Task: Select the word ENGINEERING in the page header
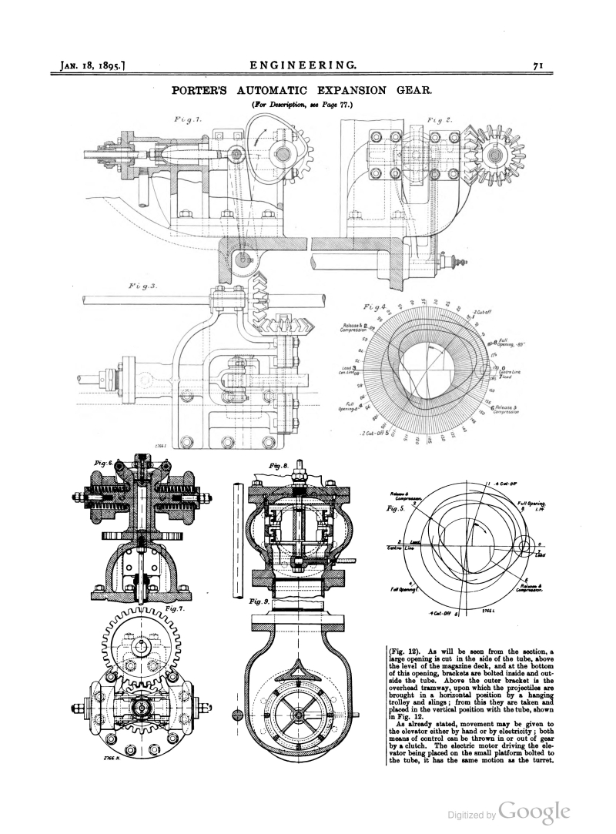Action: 307,66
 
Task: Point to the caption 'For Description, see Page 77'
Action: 307,104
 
